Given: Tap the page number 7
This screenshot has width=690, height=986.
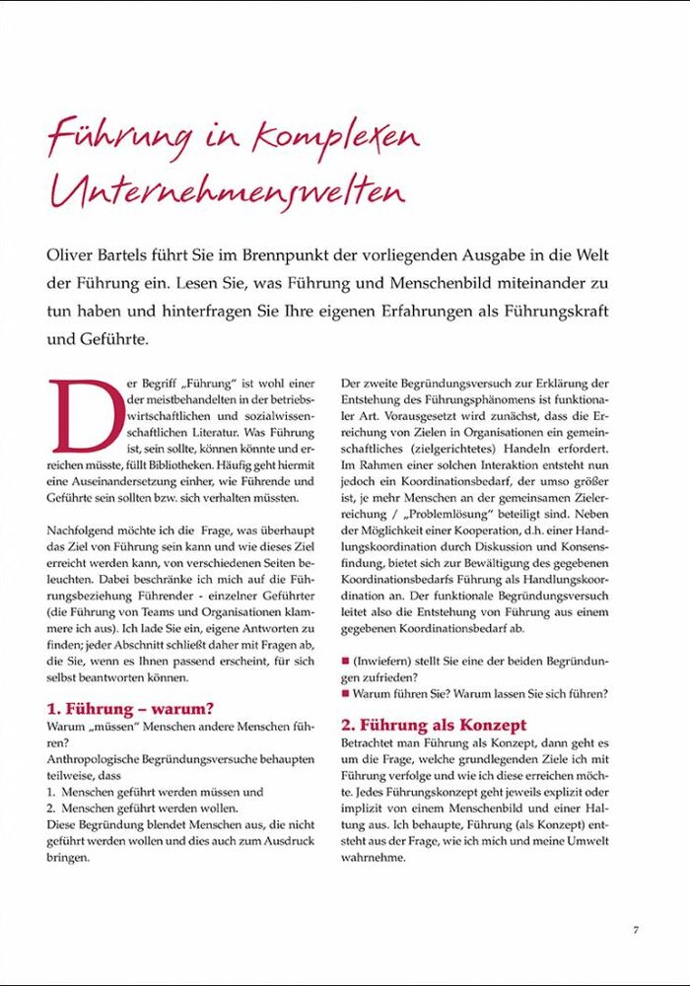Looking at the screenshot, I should [637, 929].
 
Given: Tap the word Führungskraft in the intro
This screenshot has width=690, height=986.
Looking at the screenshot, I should [562, 311].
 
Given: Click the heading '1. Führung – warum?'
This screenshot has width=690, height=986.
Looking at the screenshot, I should [131, 708].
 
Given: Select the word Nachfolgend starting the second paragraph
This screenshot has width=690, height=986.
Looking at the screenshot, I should [82, 531].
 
